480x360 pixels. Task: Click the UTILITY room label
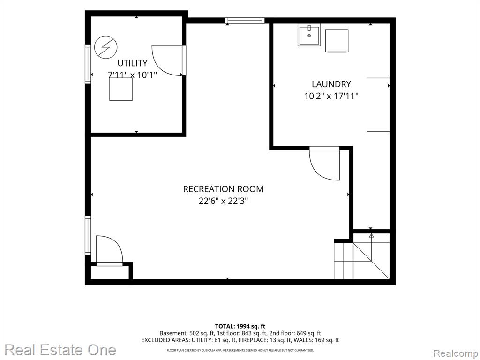click(132, 63)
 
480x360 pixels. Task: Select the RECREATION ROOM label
click(223, 189)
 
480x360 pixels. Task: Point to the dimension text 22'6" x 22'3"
click(223, 201)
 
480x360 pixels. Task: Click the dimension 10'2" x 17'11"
click(331, 96)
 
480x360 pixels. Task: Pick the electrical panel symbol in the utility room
click(105, 47)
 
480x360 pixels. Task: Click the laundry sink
click(309, 35)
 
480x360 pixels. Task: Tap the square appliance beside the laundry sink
click(337, 41)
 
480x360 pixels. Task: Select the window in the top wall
click(245, 21)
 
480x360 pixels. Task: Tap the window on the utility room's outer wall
click(88, 64)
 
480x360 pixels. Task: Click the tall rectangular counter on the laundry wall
click(378, 105)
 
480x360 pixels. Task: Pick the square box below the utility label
click(121, 89)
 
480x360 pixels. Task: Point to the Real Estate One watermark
click(60, 350)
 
